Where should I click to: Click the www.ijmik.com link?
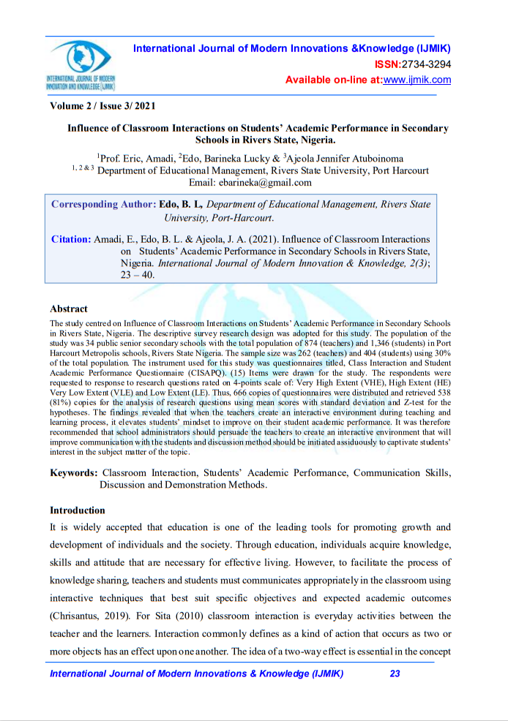point(417,80)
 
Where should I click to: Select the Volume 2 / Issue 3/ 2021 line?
point(103,106)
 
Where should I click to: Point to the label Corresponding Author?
point(104,204)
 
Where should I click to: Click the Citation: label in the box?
point(71,239)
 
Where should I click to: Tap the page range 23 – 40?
point(149,276)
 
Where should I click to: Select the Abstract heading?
point(69,309)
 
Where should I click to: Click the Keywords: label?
point(74,473)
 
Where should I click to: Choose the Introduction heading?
point(78,510)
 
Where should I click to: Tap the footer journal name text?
point(196,673)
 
